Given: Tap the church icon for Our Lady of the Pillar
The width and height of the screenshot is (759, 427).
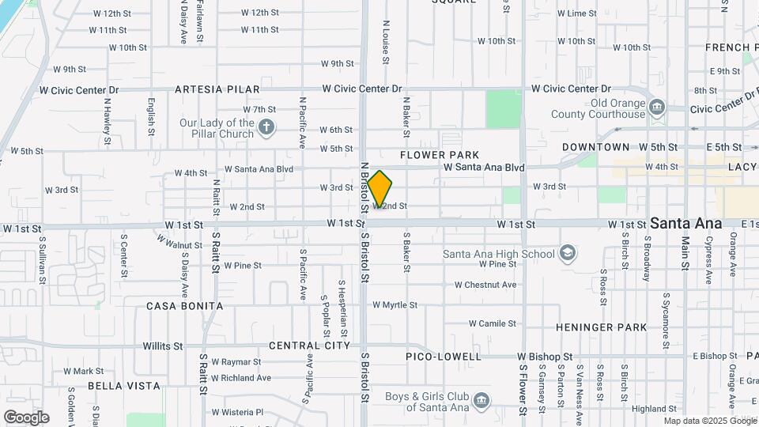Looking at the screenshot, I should tap(267, 127).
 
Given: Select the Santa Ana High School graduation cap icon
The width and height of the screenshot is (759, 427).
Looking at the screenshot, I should tap(567, 254).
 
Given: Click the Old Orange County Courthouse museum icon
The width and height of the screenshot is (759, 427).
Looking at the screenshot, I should tap(656, 108).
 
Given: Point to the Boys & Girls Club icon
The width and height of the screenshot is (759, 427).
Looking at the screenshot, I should tap(480, 402).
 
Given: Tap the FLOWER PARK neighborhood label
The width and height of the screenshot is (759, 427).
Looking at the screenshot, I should tap(440, 155).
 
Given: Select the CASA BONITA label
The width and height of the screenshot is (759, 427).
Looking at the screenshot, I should tap(185, 306).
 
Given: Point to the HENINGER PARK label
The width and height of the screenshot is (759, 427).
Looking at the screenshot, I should tap(601, 327).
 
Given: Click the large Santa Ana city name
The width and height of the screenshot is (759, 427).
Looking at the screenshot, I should tap(685, 224).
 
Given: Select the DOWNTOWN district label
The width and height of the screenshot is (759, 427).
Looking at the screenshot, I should tap(596, 147).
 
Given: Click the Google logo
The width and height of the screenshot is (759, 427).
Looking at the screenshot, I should tap(26, 418).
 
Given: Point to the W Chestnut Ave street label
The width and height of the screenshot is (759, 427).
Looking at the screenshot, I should tap(485, 285).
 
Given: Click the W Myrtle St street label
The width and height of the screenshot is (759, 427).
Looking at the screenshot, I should tap(395, 304).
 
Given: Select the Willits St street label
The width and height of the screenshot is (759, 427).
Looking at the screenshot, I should tap(163, 346).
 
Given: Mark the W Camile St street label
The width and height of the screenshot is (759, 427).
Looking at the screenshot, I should tap(493, 323).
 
